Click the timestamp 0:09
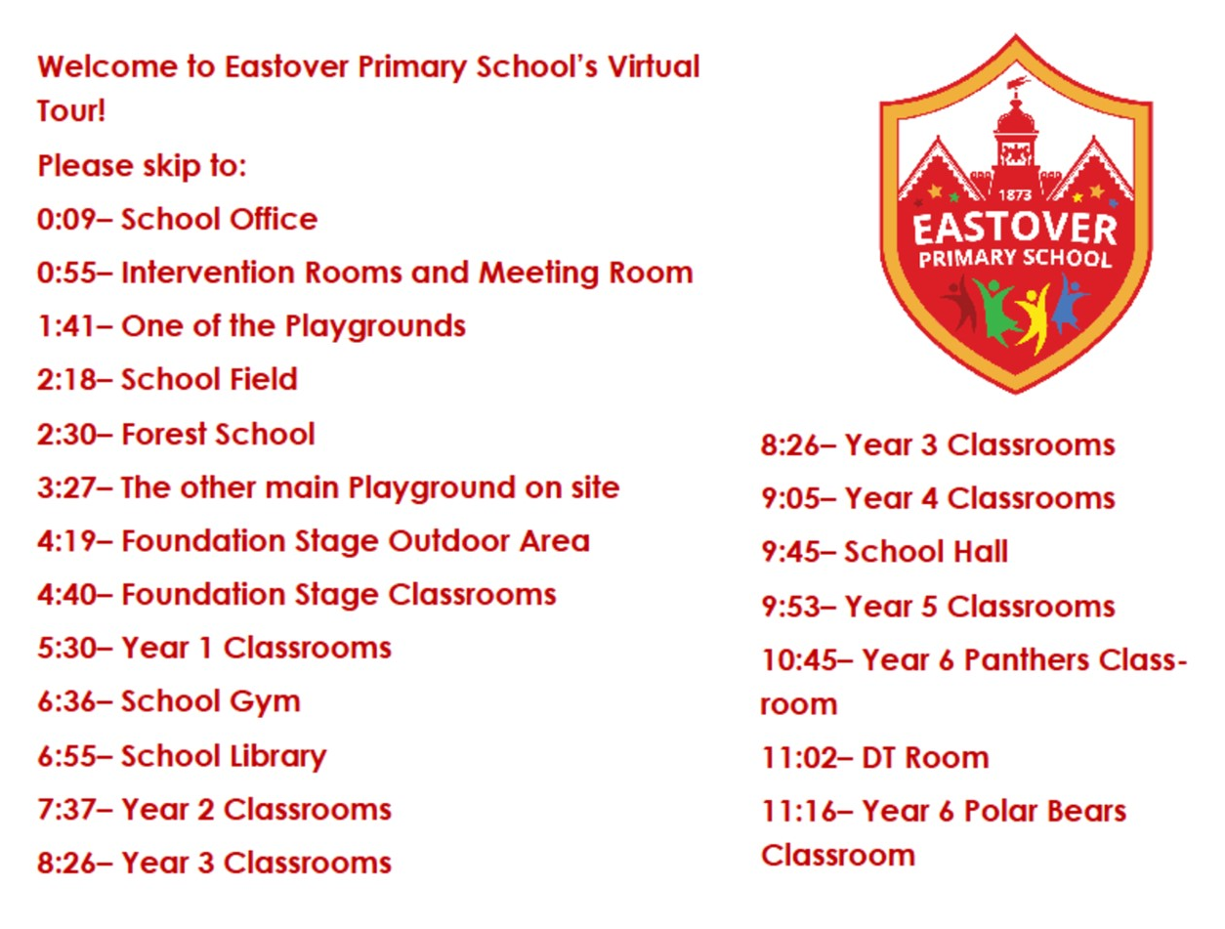point(66,219)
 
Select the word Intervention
point(208,273)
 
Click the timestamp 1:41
point(65,326)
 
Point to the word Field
point(268,379)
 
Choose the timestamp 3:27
point(66,487)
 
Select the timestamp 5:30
point(66,649)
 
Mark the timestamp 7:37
point(66,810)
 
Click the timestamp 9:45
point(790,552)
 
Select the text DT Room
point(925,758)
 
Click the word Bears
point(1086,811)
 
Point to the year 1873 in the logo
point(1015,195)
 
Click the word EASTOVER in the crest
point(1015,230)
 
